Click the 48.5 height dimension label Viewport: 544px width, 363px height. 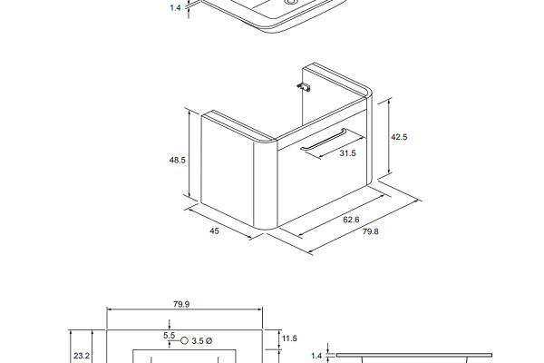(178, 160)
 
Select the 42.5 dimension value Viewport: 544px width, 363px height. (399, 137)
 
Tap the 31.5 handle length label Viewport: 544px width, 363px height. (347, 153)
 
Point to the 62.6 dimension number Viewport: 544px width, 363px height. (351, 220)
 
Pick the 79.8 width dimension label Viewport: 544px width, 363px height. (371, 231)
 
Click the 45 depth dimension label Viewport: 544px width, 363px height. (214, 231)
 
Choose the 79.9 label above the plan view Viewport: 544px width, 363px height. (181, 304)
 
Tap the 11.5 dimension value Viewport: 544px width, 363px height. (290, 338)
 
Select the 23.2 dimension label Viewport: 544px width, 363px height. (82, 356)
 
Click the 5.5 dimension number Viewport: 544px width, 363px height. (169, 335)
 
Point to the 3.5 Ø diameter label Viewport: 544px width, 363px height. (201, 341)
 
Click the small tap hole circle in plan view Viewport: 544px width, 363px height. (185, 341)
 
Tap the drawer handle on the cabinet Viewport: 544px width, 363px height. (324, 140)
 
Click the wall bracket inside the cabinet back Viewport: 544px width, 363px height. (304, 86)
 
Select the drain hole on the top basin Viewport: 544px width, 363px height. (290, 2)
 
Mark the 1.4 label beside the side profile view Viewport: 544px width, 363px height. (316, 356)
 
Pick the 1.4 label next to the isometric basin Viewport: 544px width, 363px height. (176, 7)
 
